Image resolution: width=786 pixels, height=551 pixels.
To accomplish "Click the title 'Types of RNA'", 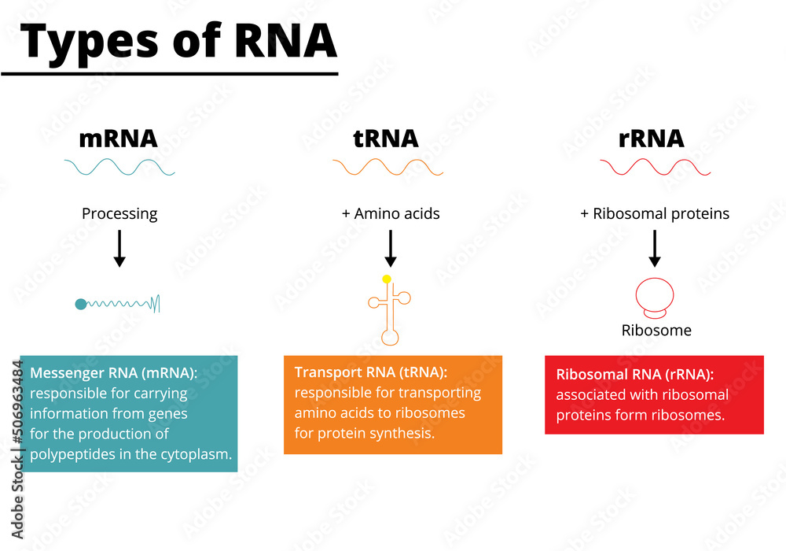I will tap(180, 42).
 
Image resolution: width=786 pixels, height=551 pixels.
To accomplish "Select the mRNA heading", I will tap(119, 139).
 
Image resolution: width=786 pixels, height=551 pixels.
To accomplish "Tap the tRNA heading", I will tap(385, 139).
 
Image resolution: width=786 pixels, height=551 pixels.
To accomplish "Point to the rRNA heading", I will tap(651, 139).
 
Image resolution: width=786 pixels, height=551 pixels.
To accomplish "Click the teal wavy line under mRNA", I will tap(119, 167).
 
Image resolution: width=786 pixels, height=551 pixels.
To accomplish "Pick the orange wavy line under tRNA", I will tap(387, 167).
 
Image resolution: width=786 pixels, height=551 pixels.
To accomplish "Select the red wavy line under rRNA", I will tap(655, 167).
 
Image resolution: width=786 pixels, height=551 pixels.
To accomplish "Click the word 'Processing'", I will tap(119, 213).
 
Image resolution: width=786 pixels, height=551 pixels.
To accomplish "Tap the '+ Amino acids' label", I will tap(391, 213).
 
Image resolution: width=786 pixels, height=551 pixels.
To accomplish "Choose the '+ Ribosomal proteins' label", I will tap(655, 213).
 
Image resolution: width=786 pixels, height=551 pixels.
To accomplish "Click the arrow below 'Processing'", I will tap(119, 250).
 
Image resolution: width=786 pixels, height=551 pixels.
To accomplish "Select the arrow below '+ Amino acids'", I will tap(391, 250).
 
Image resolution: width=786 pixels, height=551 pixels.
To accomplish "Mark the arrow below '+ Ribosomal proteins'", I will tap(655, 250).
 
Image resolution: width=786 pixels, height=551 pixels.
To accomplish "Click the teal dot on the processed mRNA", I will tap(80, 304).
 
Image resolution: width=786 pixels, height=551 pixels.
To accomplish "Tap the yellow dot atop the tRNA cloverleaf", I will tap(387, 279).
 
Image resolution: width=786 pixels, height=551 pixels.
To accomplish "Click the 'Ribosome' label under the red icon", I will tap(656, 331).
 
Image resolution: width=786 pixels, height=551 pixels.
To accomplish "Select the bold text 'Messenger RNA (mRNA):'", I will tap(114, 372).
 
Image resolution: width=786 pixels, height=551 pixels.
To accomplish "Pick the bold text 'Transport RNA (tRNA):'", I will tap(371, 372).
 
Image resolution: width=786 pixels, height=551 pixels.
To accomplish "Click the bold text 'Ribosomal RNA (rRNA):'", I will tap(635, 375).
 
